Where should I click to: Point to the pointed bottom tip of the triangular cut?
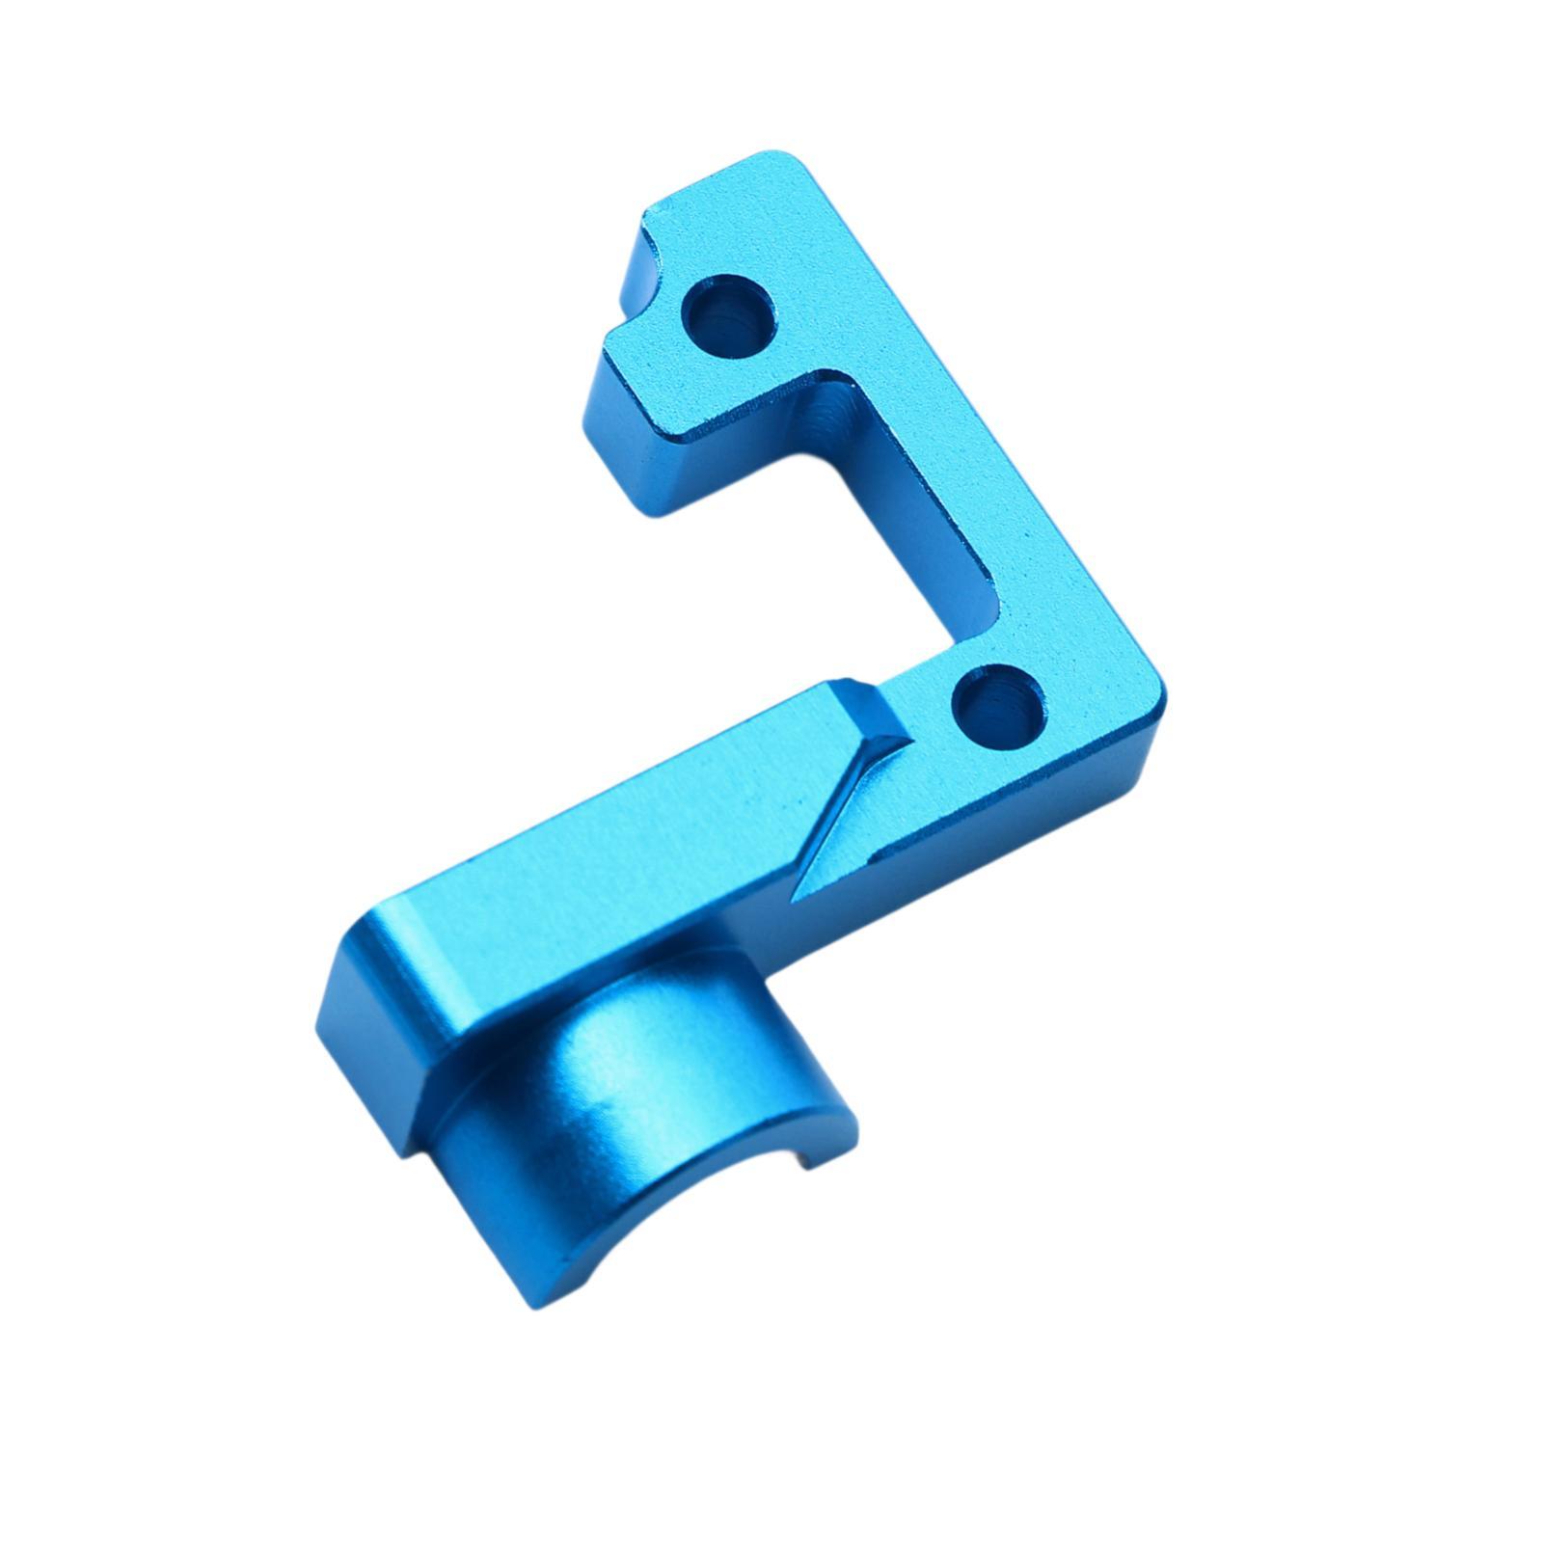click(797, 897)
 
